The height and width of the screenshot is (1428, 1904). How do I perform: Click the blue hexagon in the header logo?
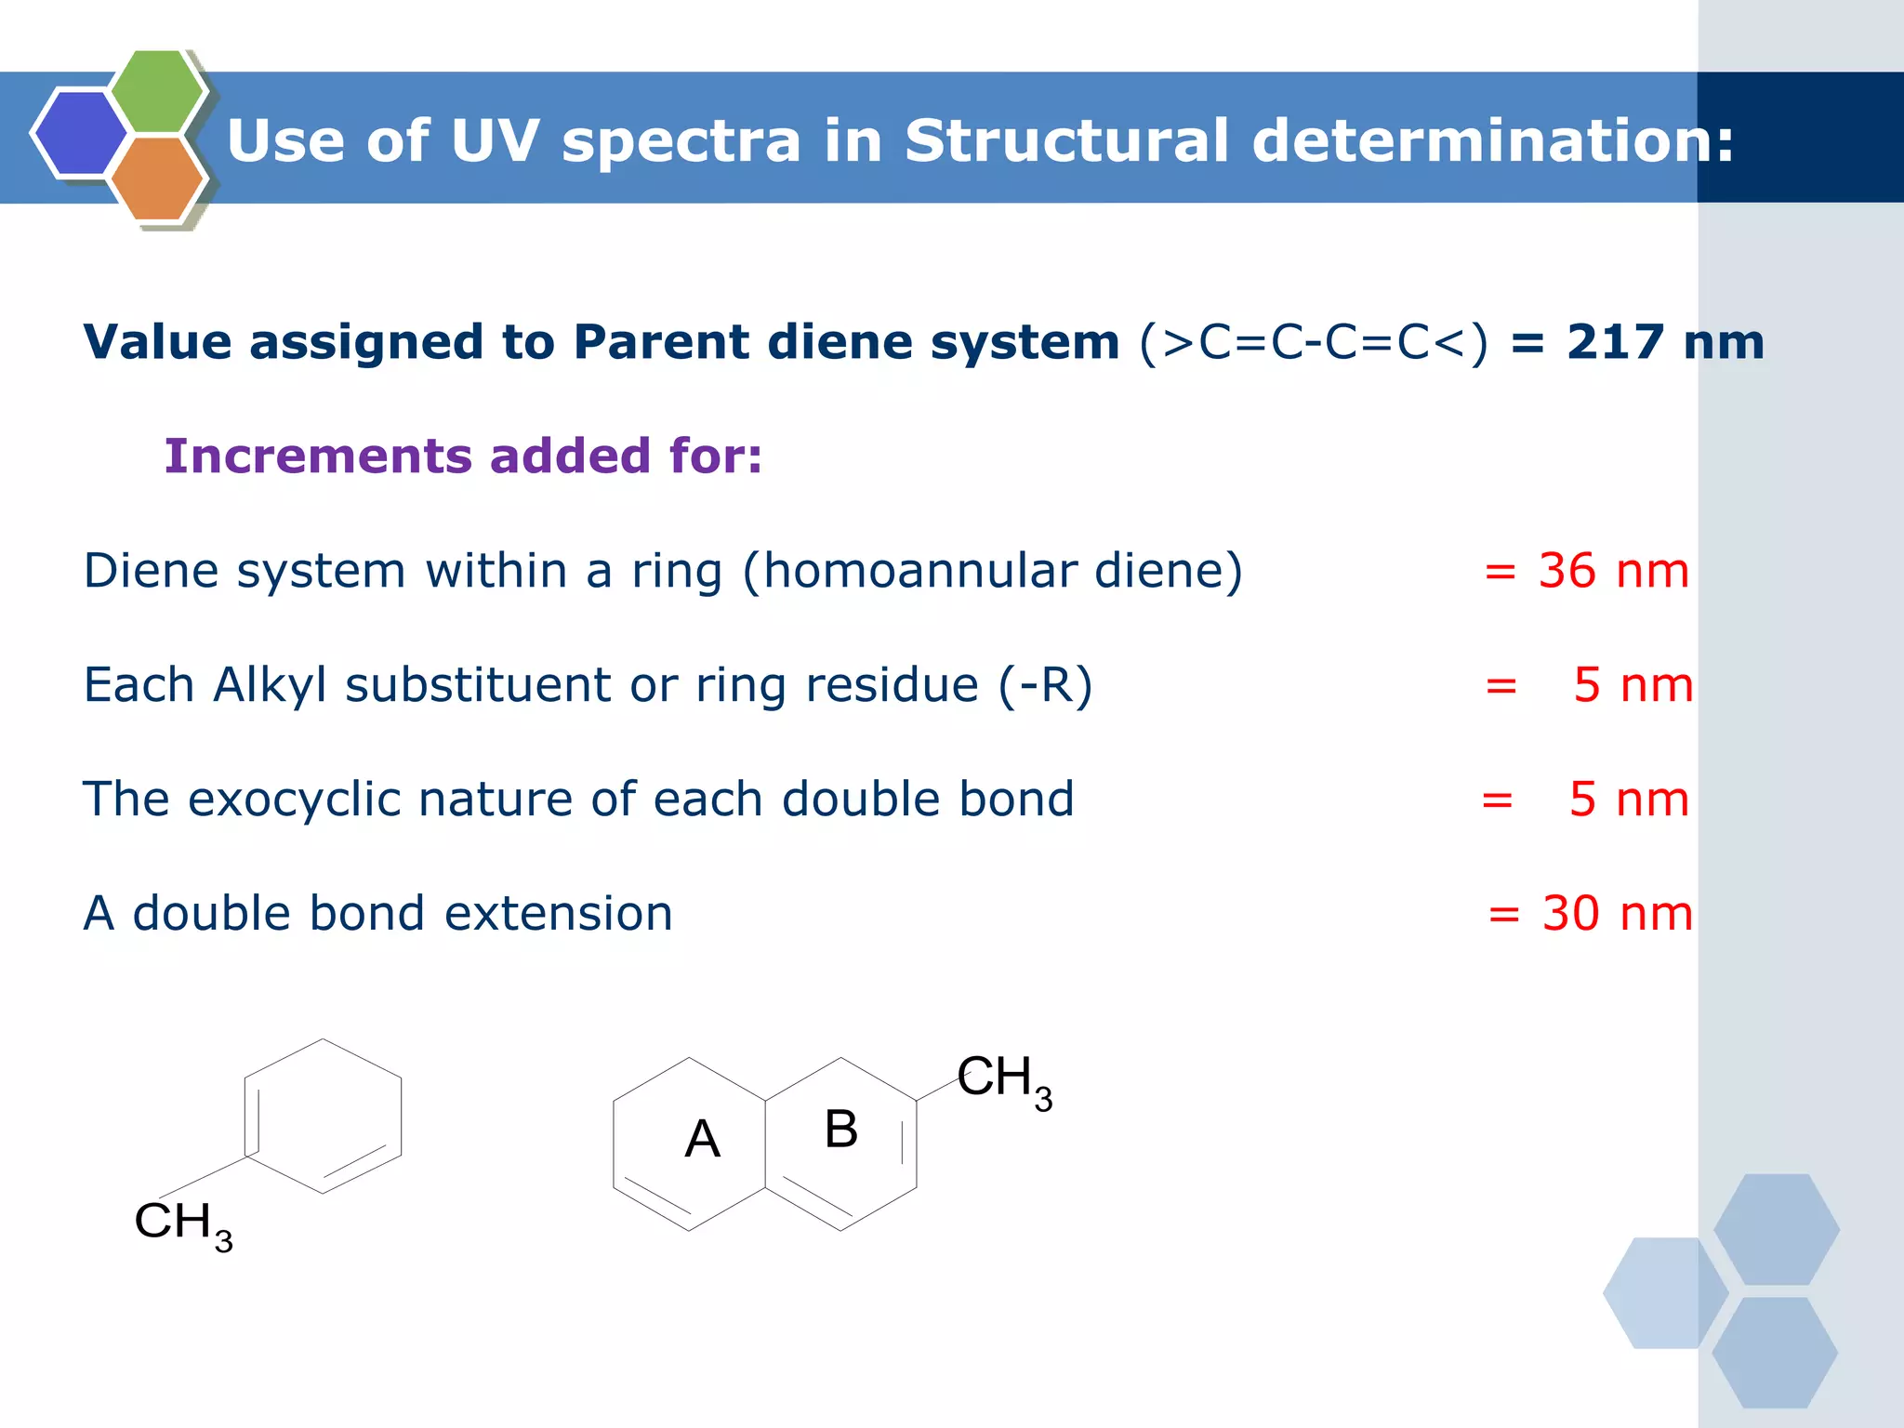(79, 132)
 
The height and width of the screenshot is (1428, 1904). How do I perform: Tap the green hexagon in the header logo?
(156, 91)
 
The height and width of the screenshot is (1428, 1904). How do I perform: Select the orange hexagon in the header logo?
(156, 178)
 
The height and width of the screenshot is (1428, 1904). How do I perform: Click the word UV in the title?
(494, 141)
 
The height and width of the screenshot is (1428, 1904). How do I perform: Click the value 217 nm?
(1664, 342)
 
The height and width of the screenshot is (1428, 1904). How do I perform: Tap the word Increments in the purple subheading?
(316, 456)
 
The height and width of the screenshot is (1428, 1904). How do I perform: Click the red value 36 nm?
(1613, 571)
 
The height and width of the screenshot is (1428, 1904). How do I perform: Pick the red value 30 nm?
(1617, 914)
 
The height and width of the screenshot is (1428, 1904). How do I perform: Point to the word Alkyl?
(269, 686)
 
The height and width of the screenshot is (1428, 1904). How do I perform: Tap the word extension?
(558, 914)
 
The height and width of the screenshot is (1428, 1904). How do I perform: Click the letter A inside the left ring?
(703, 1139)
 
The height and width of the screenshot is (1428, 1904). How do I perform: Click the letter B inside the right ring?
(840, 1130)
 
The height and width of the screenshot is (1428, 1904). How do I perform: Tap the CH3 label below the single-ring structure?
(183, 1224)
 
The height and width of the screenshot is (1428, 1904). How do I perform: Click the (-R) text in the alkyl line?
(1045, 686)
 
